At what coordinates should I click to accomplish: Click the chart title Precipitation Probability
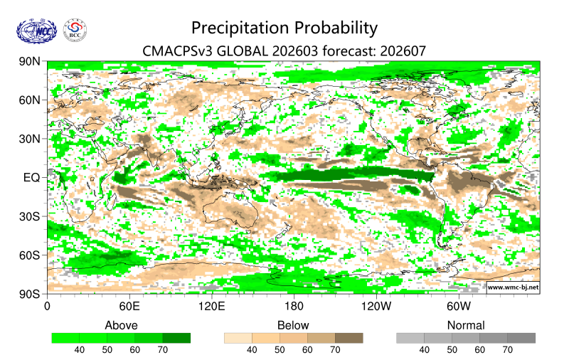pyautogui.click(x=284, y=28)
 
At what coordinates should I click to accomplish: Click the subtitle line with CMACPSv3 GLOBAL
pyautogui.click(x=284, y=51)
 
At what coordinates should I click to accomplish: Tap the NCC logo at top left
pyautogui.click(x=35, y=30)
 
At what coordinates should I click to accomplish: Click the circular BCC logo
pyautogui.click(x=75, y=30)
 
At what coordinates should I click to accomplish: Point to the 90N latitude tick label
pyautogui.click(x=29, y=62)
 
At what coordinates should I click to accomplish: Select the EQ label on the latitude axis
pyautogui.click(x=32, y=177)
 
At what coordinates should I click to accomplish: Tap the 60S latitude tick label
pyautogui.click(x=29, y=255)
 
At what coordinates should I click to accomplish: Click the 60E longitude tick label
pyautogui.click(x=129, y=307)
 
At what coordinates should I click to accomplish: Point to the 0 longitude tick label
pyautogui.click(x=47, y=307)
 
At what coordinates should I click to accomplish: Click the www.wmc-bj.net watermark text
pyautogui.click(x=512, y=287)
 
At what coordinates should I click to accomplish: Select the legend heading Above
pyautogui.click(x=121, y=325)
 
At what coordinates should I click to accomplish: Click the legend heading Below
pyautogui.click(x=293, y=325)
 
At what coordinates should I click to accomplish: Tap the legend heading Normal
pyautogui.click(x=466, y=325)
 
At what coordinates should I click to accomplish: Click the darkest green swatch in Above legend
pyautogui.click(x=176, y=338)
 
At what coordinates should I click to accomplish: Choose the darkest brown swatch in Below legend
pyautogui.click(x=349, y=338)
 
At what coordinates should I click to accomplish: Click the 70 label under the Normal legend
pyautogui.click(x=507, y=350)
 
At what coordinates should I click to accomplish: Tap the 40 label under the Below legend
pyautogui.click(x=252, y=350)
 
